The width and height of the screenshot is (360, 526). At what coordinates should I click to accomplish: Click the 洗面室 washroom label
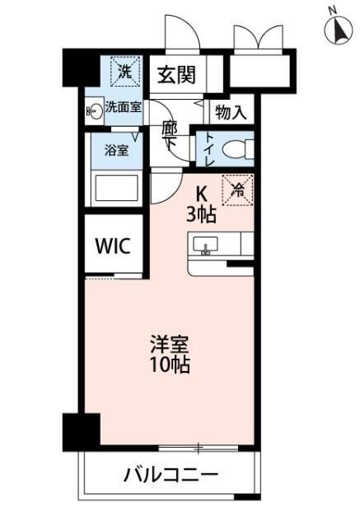[x=123, y=107]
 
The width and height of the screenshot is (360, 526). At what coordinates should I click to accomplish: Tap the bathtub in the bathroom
[x=116, y=188]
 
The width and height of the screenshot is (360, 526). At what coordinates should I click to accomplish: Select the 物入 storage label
[x=231, y=112]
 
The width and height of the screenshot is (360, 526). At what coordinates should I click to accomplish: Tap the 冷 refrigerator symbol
[x=239, y=190]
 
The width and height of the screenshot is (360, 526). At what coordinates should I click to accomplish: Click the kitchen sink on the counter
[x=206, y=244]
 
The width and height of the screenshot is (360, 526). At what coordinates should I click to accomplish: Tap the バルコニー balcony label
[x=171, y=475]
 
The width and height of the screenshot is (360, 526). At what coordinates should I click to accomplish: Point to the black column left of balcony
[x=81, y=430]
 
